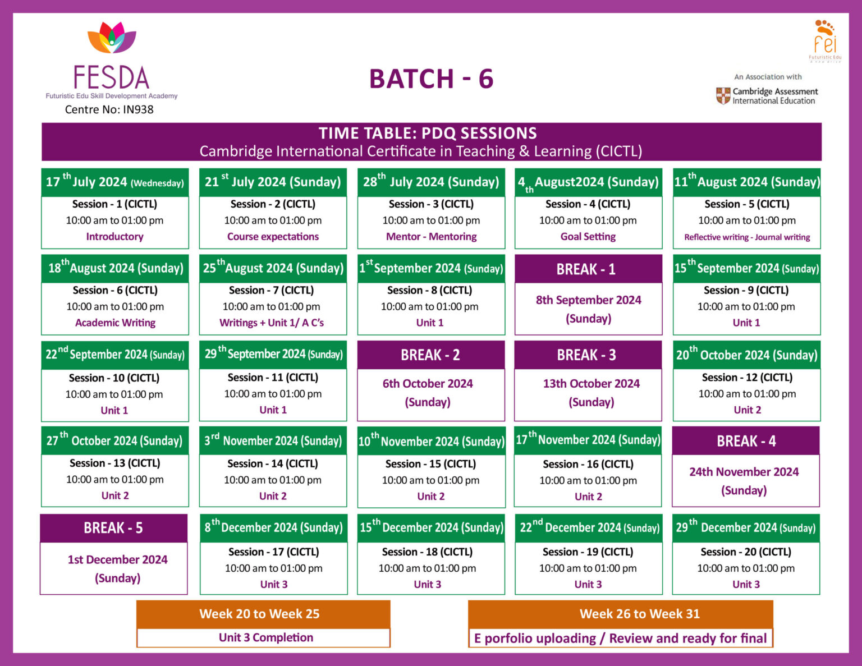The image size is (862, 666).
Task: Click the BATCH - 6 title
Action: [x=431, y=79]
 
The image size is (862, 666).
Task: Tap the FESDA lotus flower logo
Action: [x=112, y=38]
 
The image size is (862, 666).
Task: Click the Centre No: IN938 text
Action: [x=109, y=109]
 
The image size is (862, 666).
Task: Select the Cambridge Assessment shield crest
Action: [x=723, y=96]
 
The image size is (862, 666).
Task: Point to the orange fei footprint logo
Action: [x=825, y=39]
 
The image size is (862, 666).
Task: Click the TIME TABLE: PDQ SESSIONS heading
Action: [x=428, y=133]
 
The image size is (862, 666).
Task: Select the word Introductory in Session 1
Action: [x=114, y=237]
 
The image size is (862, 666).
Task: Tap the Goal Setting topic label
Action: [x=588, y=237]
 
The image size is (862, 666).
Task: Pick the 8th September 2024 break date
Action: [x=588, y=300]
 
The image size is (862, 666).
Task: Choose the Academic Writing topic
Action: [x=115, y=323]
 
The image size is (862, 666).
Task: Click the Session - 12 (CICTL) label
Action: [x=747, y=378]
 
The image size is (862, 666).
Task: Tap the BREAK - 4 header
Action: [x=746, y=442]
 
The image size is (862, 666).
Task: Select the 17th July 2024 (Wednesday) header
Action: [x=114, y=182]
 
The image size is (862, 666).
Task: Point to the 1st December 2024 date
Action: [x=117, y=559]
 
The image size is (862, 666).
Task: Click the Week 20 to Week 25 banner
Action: [x=259, y=614]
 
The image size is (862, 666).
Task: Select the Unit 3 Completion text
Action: [x=266, y=637]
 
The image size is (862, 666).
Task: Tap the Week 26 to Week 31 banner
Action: [x=639, y=614]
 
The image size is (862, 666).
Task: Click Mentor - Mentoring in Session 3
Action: [x=431, y=237]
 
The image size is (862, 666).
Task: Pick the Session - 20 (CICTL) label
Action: [x=746, y=552]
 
